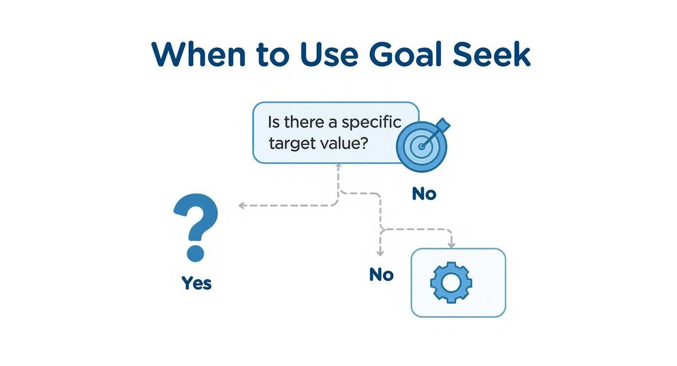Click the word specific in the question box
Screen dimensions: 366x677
[372, 123]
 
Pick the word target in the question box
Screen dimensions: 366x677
[290, 144]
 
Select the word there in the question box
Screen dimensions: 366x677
[304, 122]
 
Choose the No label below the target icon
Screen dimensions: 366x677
[424, 194]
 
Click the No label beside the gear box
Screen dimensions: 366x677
[381, 275]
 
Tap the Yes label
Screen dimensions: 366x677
[196, 283]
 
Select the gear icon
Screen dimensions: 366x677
[451, 282]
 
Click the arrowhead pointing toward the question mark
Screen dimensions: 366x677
[241, 206]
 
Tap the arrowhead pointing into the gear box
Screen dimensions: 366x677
[452, 244]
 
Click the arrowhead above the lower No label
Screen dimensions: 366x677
[380, 253]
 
